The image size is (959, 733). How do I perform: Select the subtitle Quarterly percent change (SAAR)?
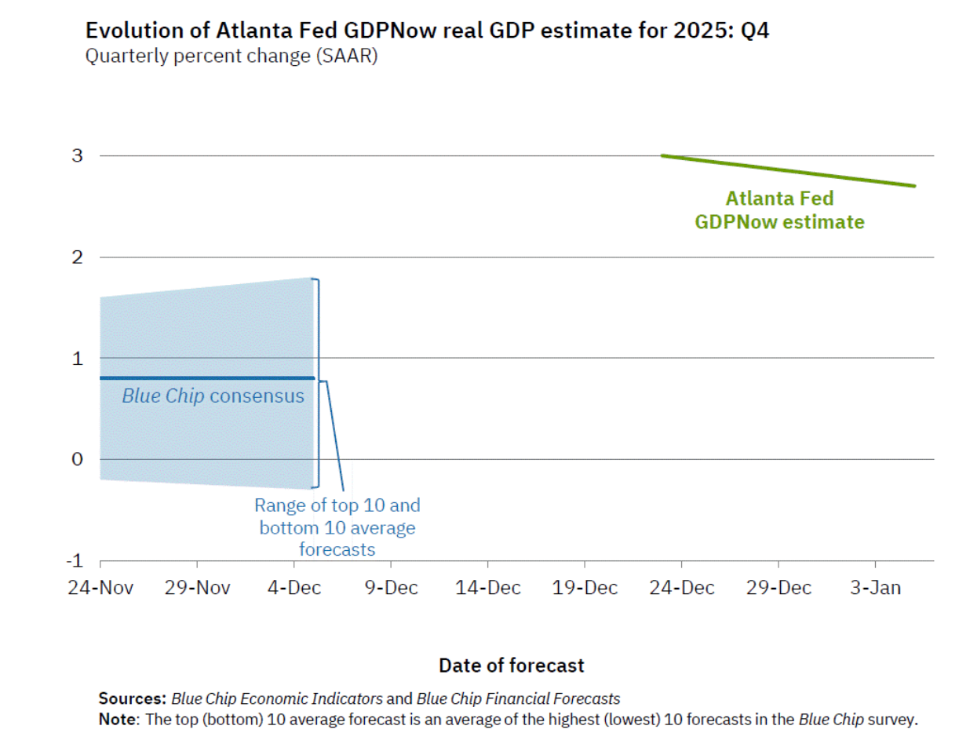pyautogui.click(x=232, y=57)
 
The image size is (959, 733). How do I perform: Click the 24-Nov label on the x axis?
pyautogui.click(x=100, y=588)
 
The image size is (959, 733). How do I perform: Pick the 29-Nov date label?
pyautogui.click(x=197, y=588)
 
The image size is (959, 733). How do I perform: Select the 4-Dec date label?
pyautogui.click(x=295, y=588)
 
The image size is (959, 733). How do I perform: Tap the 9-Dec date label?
pyautogui.click(x=391, y=588)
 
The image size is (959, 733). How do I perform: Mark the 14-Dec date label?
pyautogui.click(x=487, y=588)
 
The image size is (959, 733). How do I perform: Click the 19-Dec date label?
pyautogui.click(x=585, y=588)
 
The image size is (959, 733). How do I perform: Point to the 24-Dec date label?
pyautogui.click(x=681, y=588)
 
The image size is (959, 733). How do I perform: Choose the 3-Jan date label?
pyautogui.click(x=875, y=588)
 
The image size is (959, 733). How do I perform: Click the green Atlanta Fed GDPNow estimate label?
pyautogui.click(x=779, y=210)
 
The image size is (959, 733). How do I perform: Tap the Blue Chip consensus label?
pyautogui.click(x=213, y=396)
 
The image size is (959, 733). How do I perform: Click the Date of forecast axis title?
pyautogui.click(x=512, y=666)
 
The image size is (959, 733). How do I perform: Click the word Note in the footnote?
pyautogui.click(x=115, y=718)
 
